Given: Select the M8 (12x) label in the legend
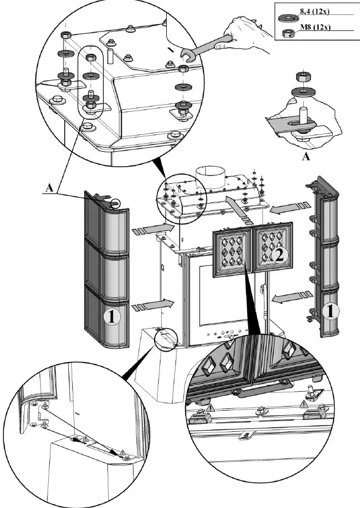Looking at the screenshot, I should click(313, 26).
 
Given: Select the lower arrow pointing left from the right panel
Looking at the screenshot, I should click(291, 297).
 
